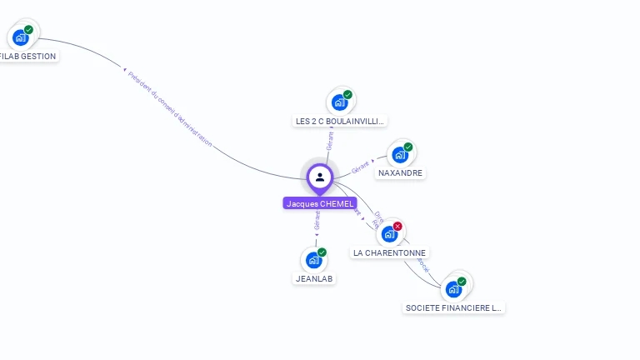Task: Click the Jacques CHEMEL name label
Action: click(320, 203)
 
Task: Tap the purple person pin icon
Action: click(320, 177)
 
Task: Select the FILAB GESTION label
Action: click(27, 57)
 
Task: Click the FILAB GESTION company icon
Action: click(20, 37)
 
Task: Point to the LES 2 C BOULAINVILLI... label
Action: click(340, 121)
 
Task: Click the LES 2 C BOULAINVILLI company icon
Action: click(339, 102)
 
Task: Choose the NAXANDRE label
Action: click(400, 173)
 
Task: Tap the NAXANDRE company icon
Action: click(400, 155)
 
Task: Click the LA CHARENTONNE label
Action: click(389, 252)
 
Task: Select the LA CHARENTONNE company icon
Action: click(388, 234)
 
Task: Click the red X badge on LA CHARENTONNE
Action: click(397, 226)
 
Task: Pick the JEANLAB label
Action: click(315, 278)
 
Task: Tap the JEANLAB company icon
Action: click(313, 260)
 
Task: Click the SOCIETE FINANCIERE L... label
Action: click(453, 307)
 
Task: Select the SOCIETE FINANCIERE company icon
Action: click(453, 289)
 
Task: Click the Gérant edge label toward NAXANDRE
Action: click(360, 167)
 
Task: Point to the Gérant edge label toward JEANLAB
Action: click(317, 220)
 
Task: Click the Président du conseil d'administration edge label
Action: click(170, 109)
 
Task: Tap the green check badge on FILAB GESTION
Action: click(29, 30)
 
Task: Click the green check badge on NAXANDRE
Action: click(408, 147)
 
